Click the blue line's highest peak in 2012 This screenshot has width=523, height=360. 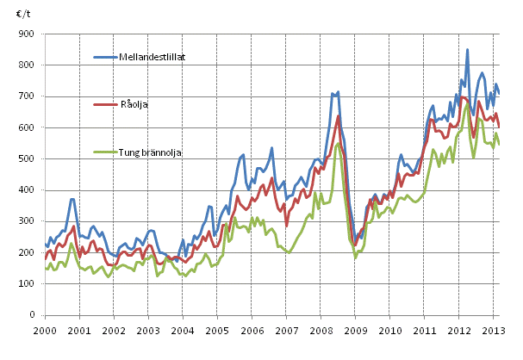pyautogui.click(x=468, y=50)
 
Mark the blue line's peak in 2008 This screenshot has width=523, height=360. pyautogui.click(x=338, y=91)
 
